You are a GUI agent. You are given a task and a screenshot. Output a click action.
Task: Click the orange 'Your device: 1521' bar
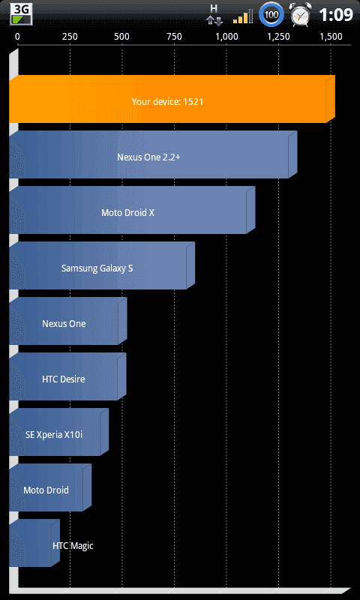click(x=172, y=99)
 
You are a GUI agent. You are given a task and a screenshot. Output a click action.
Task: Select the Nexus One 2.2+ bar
click(x=153, y=154)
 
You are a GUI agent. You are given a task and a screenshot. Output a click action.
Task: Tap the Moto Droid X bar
click(x=132, y=210)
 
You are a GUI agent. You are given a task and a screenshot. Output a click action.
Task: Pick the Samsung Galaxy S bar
click(x=102, y=265)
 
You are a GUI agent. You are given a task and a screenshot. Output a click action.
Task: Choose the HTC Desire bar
click(x=67, y=376)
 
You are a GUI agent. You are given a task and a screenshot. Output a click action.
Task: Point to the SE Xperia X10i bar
click(x=59, y=432)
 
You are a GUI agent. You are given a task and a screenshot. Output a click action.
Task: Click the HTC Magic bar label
click(x=73, y=546)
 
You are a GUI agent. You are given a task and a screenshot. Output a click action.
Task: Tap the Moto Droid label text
click(x=46, y=490)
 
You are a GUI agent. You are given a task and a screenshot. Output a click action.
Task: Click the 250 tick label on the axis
click(x=70, y=37)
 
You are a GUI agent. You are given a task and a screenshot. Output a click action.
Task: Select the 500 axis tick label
click(x=121, y=37)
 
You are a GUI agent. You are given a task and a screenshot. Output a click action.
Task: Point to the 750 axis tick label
click(x=174, y=37)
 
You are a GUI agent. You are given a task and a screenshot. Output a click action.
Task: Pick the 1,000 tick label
click(x=226, y=37)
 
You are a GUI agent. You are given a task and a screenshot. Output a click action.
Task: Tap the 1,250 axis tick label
click(x=278, y=37)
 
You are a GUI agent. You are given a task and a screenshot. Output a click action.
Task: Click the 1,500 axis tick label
click(x=331, y=37)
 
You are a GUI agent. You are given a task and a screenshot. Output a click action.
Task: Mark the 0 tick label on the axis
click(x=17, y=37)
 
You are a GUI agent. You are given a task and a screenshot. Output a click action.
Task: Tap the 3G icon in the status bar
click(x=21, y=14)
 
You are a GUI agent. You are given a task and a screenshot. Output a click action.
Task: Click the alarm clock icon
click(x=301, y=15)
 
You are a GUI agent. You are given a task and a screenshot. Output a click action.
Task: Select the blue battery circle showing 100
click(x=271, y=15)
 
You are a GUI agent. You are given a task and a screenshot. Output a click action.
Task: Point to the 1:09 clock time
click(x=335, y=15)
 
